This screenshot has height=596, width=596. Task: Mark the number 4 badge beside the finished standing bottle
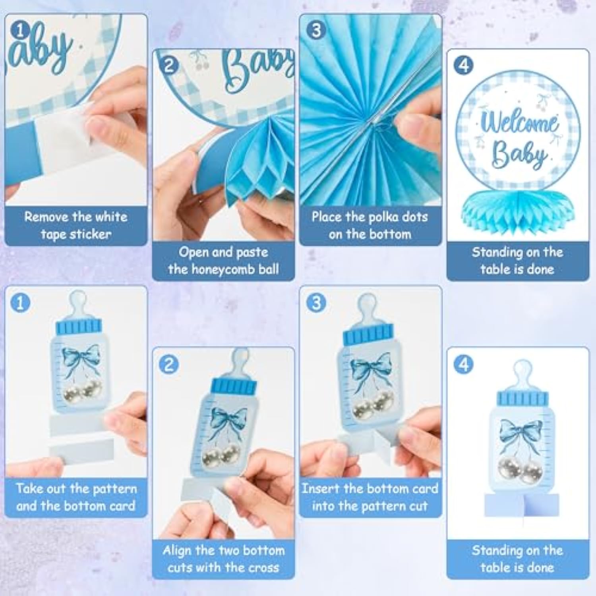point(463,364)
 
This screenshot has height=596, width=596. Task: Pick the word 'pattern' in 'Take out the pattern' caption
point(113,489)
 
